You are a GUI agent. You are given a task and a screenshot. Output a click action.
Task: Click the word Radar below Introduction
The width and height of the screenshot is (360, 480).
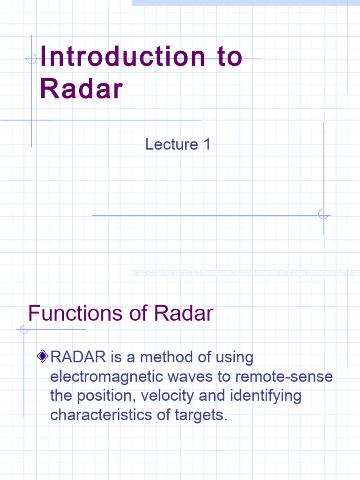81,89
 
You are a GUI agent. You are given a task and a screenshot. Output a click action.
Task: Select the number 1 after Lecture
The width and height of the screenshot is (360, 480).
206,144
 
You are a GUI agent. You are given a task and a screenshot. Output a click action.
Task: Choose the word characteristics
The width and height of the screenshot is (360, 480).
99,415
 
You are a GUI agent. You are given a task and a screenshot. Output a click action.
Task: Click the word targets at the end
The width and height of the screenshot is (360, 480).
200,415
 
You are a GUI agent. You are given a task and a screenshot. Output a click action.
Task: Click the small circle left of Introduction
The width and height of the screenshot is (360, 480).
31,59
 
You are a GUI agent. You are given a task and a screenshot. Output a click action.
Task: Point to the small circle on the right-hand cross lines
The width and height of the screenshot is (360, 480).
323,215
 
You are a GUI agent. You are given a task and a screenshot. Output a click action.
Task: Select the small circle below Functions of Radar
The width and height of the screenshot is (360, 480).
24,330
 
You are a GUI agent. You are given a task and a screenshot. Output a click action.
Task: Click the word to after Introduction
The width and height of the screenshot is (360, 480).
230,57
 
